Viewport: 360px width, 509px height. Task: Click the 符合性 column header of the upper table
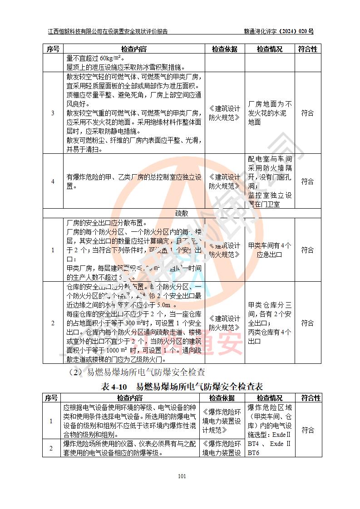coord(307,49)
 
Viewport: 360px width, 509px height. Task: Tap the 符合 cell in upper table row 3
coord(307,113)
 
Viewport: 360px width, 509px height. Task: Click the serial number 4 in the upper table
coord(53,181)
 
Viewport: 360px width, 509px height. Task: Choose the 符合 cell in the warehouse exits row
coord(307,323)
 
